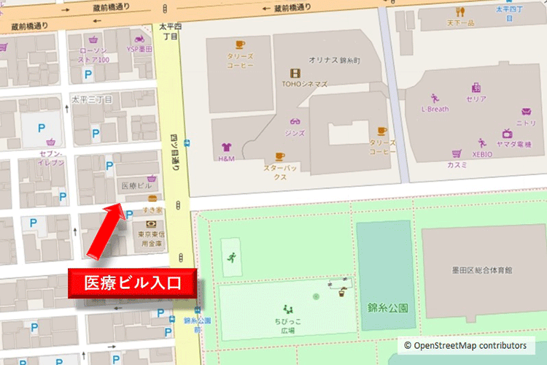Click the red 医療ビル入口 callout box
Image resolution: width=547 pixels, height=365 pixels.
(x=133, y=282)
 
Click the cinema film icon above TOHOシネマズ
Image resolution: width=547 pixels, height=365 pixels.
(x=295, y=72)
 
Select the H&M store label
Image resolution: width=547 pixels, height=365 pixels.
(x=228, y=158)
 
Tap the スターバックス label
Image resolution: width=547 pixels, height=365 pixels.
(x=278, y=172)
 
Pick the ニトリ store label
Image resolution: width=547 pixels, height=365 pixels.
(x=526, y=123)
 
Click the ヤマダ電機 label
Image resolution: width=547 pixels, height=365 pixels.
(x=514, y=145)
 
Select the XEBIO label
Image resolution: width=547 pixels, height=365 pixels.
(x=482, y=155)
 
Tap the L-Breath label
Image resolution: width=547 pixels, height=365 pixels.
(x=435, y=109)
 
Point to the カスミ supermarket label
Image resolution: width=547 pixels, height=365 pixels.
(x=458, y=165)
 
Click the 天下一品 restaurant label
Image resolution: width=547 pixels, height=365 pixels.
(x=461, y=23)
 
